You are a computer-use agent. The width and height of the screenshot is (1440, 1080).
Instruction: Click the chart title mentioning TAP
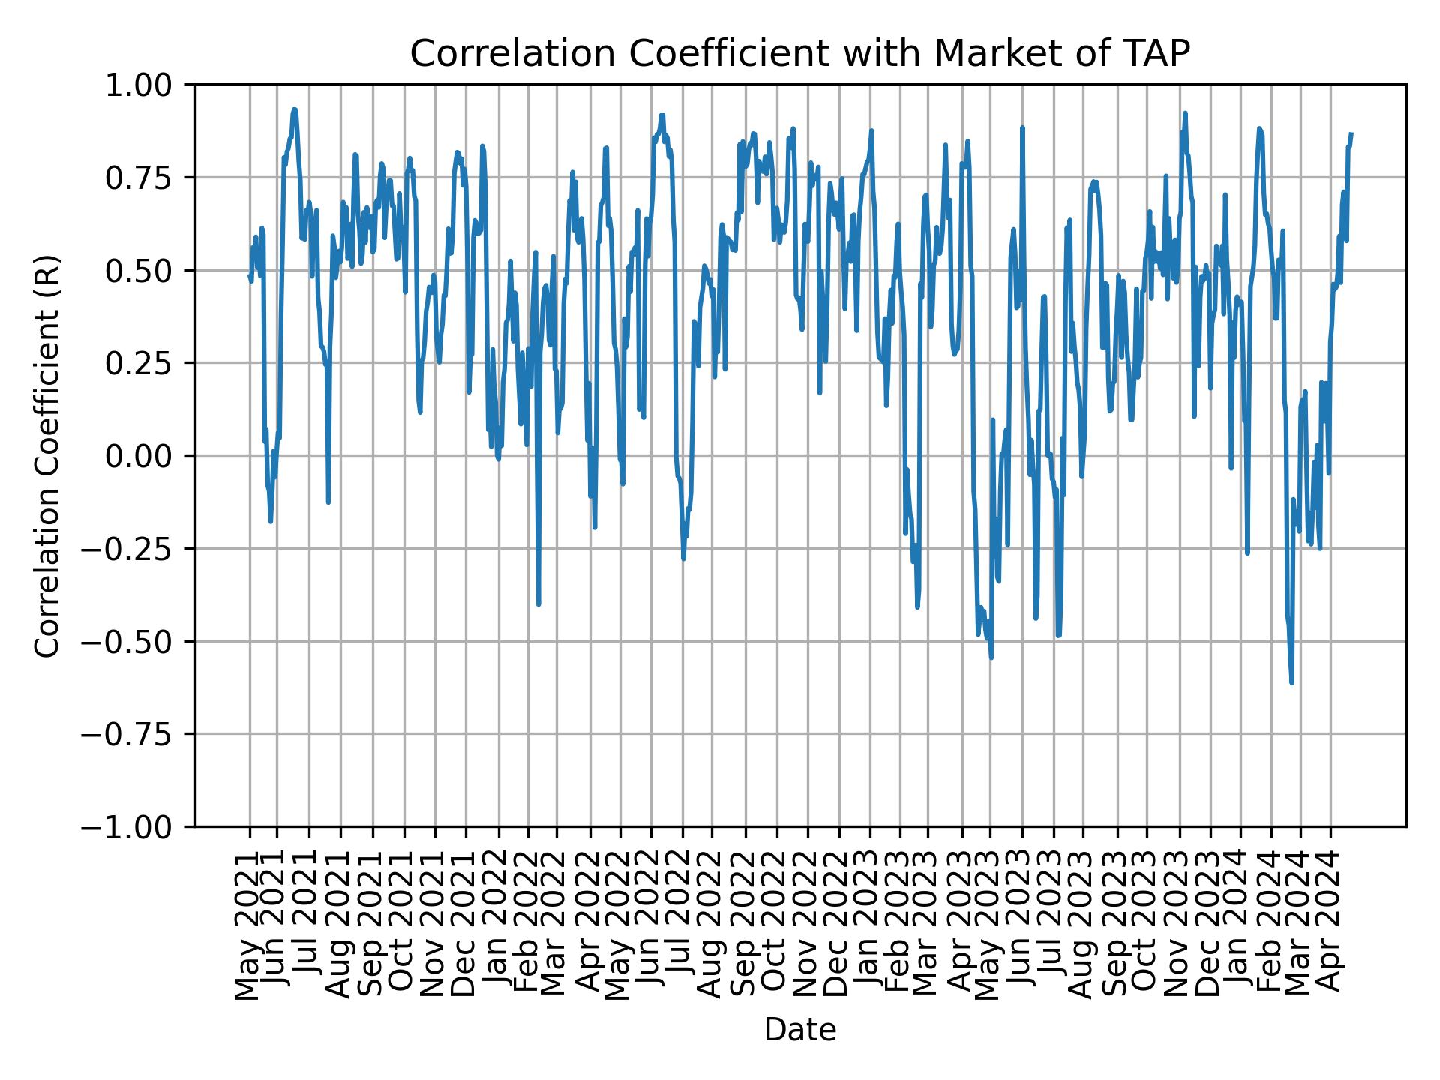pos(799,54)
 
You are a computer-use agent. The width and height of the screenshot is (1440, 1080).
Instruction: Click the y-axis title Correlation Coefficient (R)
pos(47,456)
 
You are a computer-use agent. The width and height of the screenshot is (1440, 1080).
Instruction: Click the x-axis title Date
pos(799,1030)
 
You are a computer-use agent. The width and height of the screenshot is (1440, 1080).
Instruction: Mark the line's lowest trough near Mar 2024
pos(1291,682)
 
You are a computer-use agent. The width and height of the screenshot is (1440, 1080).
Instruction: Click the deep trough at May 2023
pos(991,658)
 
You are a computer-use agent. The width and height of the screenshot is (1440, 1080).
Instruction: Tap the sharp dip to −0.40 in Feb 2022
pos(538,604)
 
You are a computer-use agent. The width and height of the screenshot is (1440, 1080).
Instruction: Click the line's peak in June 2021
pos(295,109)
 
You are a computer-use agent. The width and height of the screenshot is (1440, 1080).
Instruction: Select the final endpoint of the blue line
pos(1351,133)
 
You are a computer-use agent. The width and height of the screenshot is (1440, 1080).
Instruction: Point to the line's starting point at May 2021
pos(249,274)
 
